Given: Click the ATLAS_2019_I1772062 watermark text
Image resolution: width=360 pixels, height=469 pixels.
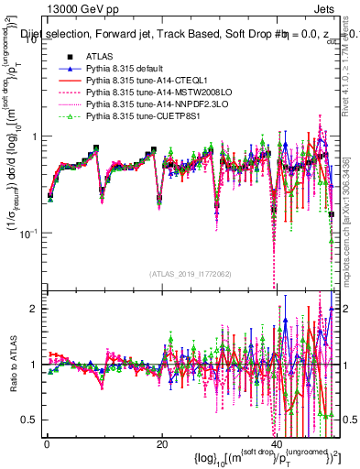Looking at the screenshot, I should click(x=191, y=274).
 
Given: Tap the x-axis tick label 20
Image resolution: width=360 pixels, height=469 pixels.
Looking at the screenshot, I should click(x=162, y=446).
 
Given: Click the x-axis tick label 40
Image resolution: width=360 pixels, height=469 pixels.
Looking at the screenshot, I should click(x=278, y=446).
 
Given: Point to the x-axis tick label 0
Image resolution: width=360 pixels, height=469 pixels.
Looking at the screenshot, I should click(x=47, y=446).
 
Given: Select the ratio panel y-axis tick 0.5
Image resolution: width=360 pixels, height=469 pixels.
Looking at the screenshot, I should click(x=27, y=420).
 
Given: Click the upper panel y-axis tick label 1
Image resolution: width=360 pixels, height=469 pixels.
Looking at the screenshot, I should click(x=32, y=136).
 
